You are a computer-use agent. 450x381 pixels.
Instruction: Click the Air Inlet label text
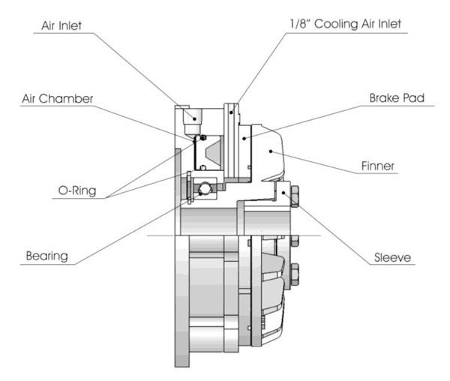[x=61, y=25]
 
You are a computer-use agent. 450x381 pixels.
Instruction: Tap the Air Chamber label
[x=58, y=99]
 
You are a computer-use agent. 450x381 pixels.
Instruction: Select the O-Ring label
[x=77, y=190]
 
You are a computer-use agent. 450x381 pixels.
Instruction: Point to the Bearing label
[x=46, y=256]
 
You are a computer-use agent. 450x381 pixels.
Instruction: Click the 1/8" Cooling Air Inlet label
[x=345, y=24]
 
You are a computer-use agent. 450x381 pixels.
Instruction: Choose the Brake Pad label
[x=397, y=97]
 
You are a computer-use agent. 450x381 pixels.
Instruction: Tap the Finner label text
[x=378, y=166]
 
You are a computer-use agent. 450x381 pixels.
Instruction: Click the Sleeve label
[x=392, y=257]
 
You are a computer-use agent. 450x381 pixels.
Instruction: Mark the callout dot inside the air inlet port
[x=194, y=118]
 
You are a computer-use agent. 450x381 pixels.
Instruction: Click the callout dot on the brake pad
[x=244, y=138]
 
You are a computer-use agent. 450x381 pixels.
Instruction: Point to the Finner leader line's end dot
[x=271, y=151]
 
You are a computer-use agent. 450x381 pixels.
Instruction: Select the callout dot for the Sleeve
[x=283, y=193]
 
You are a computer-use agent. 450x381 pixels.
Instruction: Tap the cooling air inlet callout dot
[x=231, y=112]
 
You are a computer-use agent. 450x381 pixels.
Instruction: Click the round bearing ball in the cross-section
[x=205, y=188]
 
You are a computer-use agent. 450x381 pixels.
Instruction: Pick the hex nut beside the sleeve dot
[x=295, y=196]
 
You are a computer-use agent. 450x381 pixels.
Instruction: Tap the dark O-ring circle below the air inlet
[x=203, y=138]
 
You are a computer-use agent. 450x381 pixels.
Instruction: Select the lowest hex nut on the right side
[x=295, y=274]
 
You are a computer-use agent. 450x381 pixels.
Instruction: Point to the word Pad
[x=413, y=97]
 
